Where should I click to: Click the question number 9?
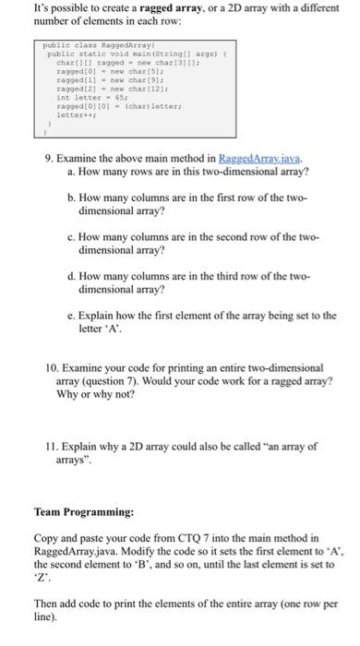(x=50, y=158)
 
